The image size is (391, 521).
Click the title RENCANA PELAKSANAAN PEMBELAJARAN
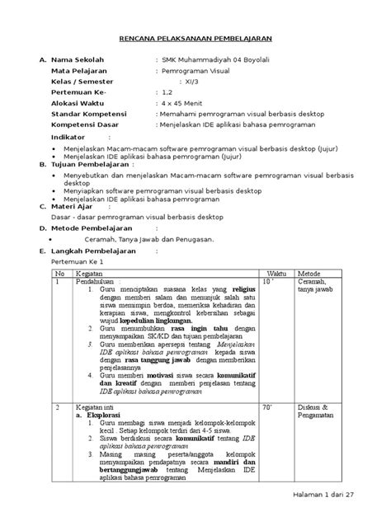coord(195,39)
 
